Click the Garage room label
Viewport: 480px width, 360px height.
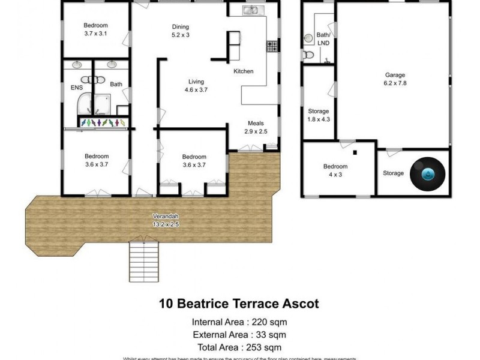point(395,80)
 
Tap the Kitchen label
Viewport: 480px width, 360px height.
point(243,71)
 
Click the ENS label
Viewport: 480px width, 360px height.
point(76,86)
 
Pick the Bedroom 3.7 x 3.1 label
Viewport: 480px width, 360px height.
point(95,29)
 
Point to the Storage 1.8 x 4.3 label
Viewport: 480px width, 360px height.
point(318,115)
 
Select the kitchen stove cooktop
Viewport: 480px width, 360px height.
point(272,46)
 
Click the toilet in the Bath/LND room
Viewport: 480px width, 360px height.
point(308,55)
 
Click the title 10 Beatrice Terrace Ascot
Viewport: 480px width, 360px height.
point(239,304)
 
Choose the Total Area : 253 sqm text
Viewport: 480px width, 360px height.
point(239,347)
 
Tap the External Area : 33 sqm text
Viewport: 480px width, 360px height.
point(239,335)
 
